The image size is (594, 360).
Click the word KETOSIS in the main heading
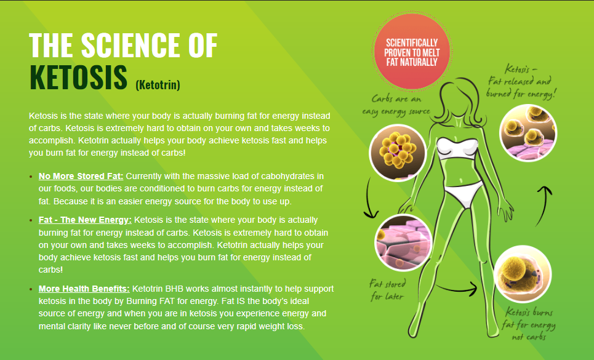point(78,78)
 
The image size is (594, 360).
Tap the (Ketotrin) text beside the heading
point(158,84)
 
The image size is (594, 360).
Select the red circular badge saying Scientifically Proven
point(412,52)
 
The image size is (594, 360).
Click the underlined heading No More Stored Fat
point(81,176)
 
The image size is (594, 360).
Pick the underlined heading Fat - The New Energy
point(85,220)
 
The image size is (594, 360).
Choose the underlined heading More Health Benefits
point(84,289)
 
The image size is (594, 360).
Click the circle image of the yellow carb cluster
point(398,153)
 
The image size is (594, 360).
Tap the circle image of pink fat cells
point(403,242)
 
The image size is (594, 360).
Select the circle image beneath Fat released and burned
point(528,133)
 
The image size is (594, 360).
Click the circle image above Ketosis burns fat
point(523,274)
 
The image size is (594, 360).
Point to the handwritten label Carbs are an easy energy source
point(396,105)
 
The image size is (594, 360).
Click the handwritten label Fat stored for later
point(387,290)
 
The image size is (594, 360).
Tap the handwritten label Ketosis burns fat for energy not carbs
point(529,324)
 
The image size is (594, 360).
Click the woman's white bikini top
point(457,149)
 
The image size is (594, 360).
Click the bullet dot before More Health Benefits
point(31,289)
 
